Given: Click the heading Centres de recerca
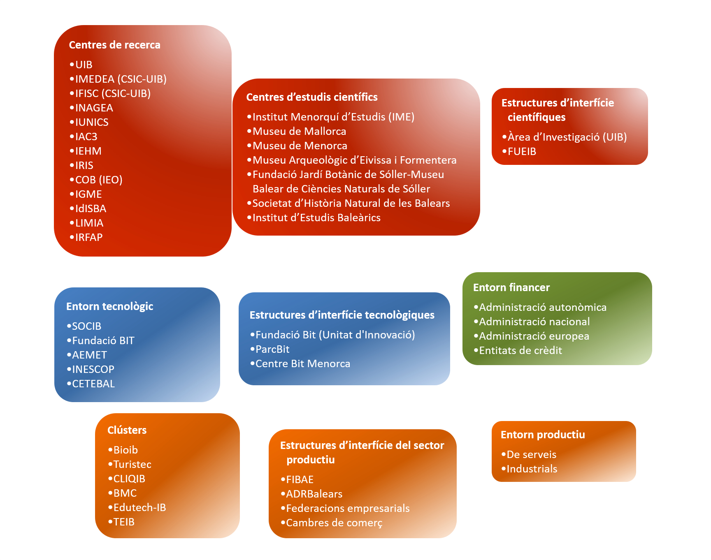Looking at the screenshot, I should (114, 45).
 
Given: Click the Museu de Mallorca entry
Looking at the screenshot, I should (299, 131).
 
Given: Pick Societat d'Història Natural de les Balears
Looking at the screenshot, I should (351, 203).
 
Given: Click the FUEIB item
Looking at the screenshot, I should (522, 151).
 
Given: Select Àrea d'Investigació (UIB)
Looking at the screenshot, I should (567, 137).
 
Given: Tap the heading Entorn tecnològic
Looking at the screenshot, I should (109, 306).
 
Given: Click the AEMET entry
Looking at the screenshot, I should (89, 355).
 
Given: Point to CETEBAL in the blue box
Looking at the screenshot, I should (93, 384).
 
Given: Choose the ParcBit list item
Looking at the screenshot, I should (272, 349).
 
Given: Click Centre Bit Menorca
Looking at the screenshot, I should (303, 363).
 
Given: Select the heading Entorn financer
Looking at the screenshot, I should (511, 287).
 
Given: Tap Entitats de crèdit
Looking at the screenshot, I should (520, 350).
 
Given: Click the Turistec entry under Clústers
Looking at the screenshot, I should (132, 464).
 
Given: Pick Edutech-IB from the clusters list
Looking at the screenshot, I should (139, 507).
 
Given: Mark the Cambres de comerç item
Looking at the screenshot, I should (334, 523).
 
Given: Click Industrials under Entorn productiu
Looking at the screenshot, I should (532, 469).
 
